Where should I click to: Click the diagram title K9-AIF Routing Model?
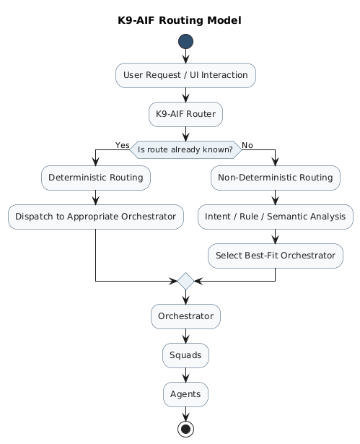coord(179,20)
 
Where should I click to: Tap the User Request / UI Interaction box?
coord(185,75)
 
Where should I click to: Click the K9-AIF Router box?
coord(185,113)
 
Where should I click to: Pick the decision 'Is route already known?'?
coord(185,149)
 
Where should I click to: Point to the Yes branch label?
coord(122,145)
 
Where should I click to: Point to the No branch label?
coord(247,145)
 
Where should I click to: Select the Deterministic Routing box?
coord(96,178)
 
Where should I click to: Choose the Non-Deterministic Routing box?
coord(276,178)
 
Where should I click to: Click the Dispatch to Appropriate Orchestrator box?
coord(96,217)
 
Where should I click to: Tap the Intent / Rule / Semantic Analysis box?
coord(276,217)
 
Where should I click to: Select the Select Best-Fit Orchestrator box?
coord(276,256)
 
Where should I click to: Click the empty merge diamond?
coord(185,281)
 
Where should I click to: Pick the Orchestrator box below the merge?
coord(185,316)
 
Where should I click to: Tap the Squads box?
coord(185,355)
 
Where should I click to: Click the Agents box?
coord(185,394)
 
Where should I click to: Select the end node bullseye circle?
coord(185,429)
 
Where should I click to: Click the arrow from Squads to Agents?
coord(185,375)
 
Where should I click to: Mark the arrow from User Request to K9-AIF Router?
coord(185,95)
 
